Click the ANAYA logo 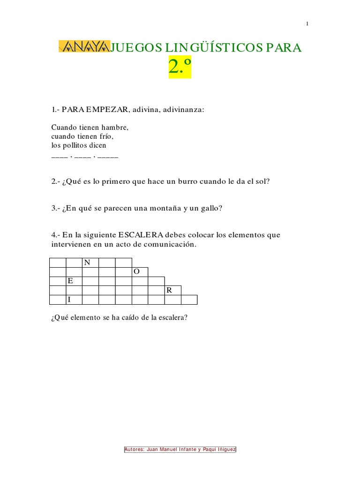tap(83, 46)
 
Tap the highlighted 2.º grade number tap(180, 68)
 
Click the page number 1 tap(307, 24)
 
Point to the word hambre tap(116, 127)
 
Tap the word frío tap(107, 136)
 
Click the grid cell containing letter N tap(90, 262)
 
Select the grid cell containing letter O tap(140, 272)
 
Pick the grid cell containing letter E tap(74, 281)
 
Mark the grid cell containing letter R tap(172, 290)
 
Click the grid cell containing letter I tap(74, 300)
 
